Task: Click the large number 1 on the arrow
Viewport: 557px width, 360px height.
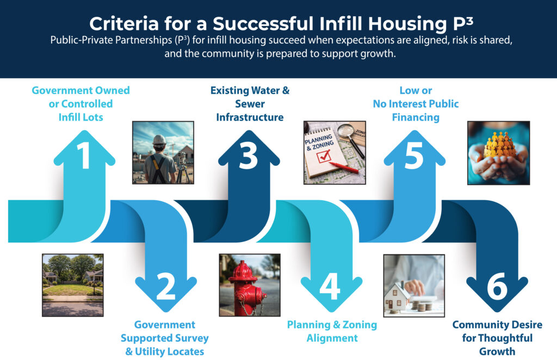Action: (84, 155)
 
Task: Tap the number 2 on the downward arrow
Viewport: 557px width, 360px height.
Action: (166, 287)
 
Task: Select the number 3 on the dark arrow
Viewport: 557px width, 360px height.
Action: (248, 155)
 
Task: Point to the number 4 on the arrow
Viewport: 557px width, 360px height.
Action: (330, 287)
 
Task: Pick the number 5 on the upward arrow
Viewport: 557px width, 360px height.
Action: (414, 156)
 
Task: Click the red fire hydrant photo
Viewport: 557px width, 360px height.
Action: (250, 285)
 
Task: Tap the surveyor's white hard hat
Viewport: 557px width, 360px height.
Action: (159, 140)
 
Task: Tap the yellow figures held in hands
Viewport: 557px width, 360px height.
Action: (500, 145)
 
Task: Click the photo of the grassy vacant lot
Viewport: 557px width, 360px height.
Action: (73, 285)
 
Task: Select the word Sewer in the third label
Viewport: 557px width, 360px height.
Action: (250, 104)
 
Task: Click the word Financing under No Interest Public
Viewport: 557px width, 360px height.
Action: (416, 117)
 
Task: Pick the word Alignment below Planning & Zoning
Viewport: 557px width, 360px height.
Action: (332, 338)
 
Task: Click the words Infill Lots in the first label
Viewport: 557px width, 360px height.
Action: (81, 117)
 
